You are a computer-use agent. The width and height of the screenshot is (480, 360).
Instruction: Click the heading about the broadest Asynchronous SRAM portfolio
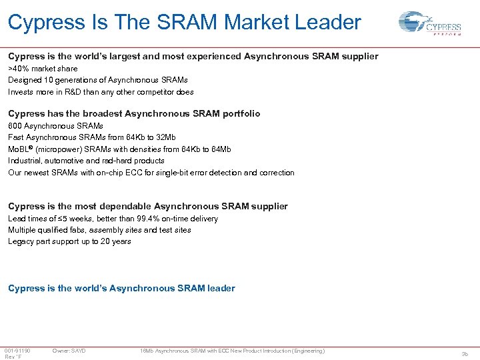(134, 114)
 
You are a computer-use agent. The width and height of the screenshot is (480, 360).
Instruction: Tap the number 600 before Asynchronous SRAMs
(15, 126)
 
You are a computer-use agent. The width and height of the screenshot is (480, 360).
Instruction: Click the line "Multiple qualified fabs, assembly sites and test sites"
(99, 230)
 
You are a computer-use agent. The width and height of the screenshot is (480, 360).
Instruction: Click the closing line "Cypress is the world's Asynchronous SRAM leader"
(121, 289)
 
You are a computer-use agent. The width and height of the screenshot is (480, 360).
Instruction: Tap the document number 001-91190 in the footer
(17, 351)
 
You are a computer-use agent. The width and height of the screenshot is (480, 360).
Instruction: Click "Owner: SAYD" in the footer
(69, 351)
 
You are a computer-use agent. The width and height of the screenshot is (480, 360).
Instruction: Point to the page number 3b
(465, 354)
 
